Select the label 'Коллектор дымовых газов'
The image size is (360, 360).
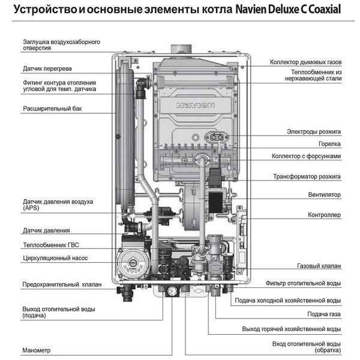[305, 62]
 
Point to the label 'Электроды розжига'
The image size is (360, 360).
[313, 131]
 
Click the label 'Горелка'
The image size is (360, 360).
[329, 144]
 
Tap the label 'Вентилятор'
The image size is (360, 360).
[324, 195]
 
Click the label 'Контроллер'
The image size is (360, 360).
[324, 214]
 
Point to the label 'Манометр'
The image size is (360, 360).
[37, 350]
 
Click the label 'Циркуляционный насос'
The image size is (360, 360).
[55, 258]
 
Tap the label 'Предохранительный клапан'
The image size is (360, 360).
[62, 284]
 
